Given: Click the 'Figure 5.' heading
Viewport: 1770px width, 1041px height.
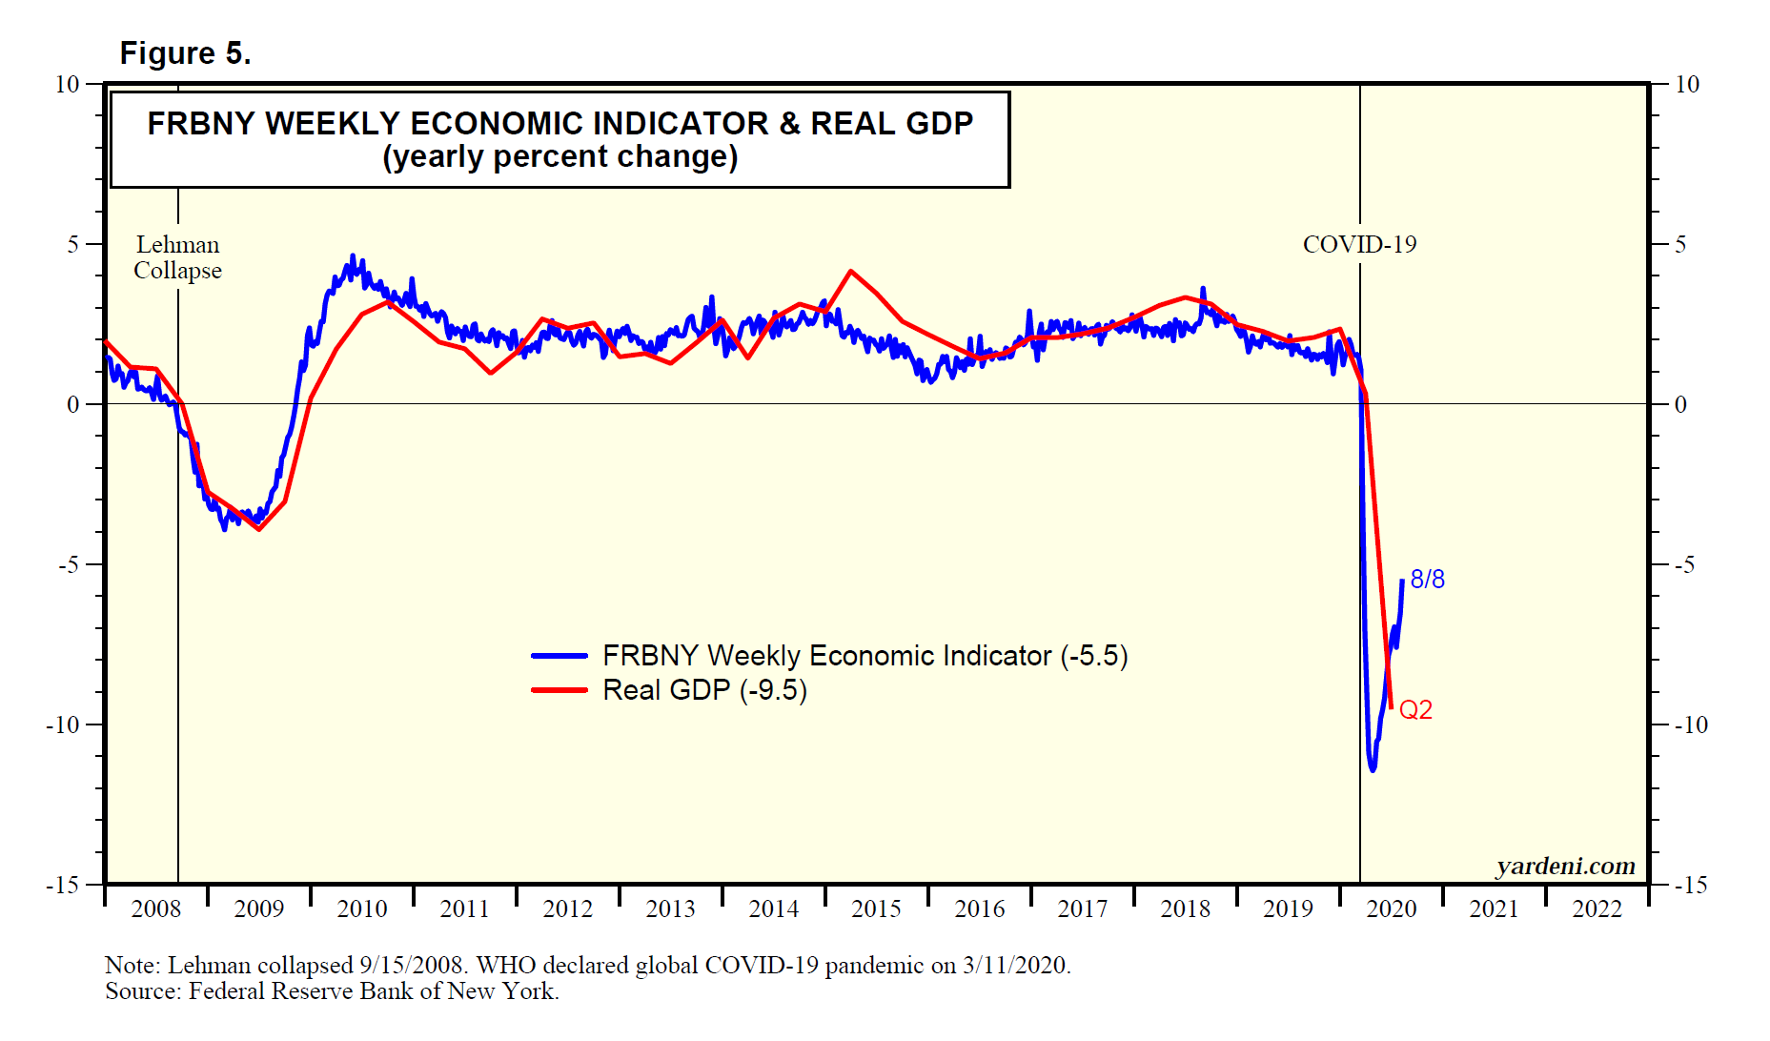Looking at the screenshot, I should coord(185,53).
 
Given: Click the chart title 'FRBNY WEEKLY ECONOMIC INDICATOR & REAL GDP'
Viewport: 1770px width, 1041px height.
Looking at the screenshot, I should coord(559,124).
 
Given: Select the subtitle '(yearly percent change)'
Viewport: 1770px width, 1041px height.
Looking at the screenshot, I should coord(559,157).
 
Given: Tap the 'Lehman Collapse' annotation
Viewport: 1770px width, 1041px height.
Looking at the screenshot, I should coord(177,257).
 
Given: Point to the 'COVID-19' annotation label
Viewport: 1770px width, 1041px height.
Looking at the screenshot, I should coord(1359,245).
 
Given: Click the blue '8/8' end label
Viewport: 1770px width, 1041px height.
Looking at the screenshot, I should coord(1427,580).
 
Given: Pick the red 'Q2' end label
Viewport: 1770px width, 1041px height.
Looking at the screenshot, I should coord(1415,710).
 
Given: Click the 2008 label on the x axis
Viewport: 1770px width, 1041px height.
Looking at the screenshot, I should coord(155,908).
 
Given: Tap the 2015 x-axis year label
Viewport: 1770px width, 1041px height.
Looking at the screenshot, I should coord(876,908).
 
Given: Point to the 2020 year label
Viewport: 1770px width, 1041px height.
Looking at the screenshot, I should coord(1391,908).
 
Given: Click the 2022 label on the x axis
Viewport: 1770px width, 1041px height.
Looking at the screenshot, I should coord(1597,908).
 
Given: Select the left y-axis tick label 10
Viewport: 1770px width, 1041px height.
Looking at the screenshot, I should coord(67,85).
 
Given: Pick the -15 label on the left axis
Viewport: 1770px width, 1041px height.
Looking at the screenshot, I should coord(62,886).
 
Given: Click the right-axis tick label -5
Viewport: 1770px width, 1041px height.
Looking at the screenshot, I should coord(1685,565).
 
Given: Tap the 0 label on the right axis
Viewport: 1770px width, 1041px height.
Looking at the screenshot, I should coord(1680,405).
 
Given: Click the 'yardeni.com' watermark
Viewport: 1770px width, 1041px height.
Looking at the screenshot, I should coord(1565,866).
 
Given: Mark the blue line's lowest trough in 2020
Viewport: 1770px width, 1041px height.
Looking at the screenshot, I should coord(1373,768).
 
